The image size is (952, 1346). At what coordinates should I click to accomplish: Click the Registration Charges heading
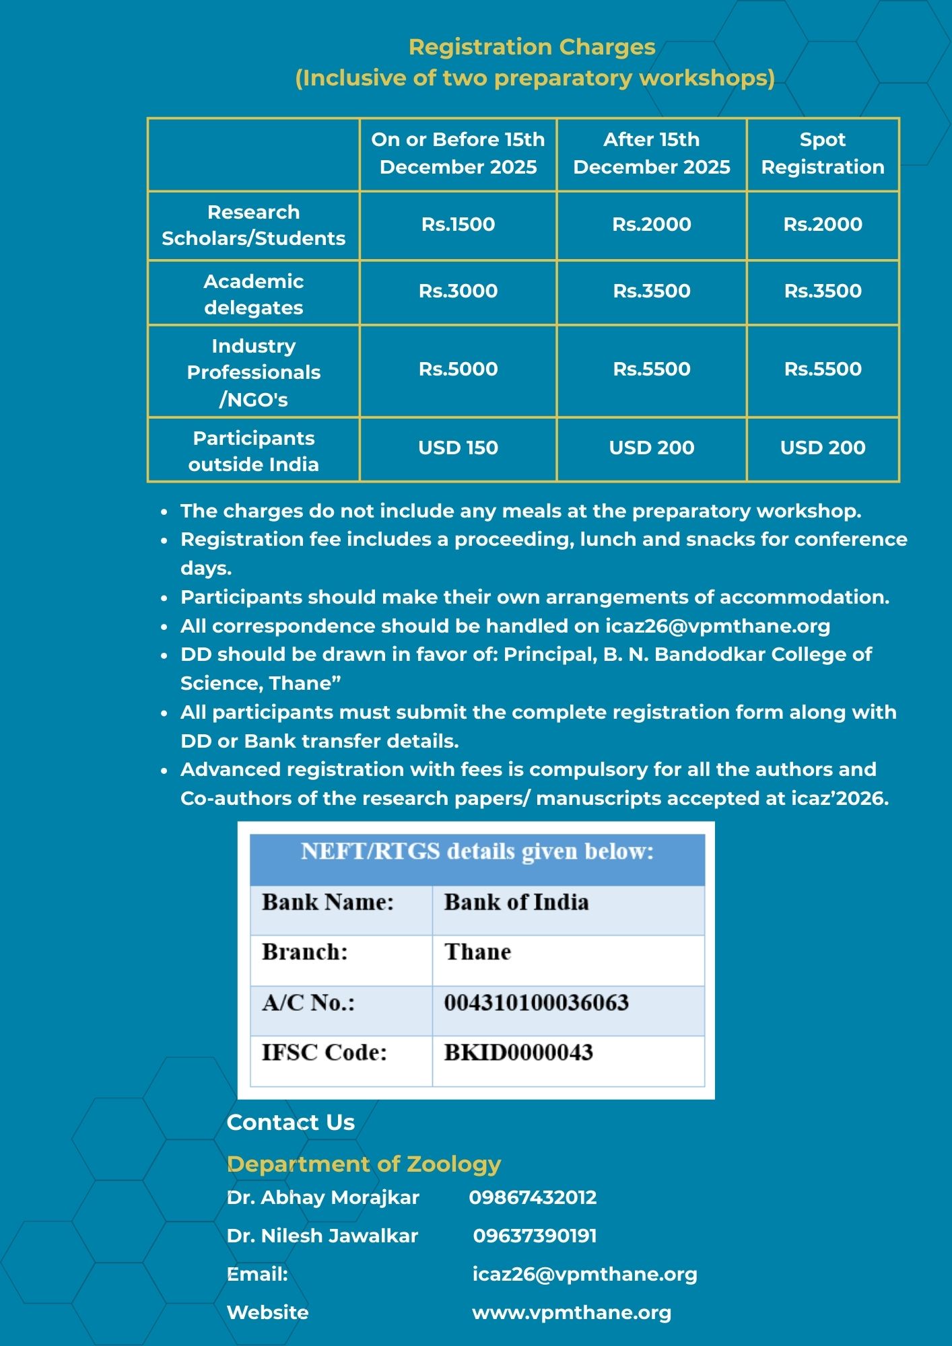click(532, 47)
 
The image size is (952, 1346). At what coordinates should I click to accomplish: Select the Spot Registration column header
click(822, 153)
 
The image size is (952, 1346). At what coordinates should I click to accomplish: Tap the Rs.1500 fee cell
click(458, 224)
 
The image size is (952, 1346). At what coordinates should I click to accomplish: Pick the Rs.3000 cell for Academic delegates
click(458, 291)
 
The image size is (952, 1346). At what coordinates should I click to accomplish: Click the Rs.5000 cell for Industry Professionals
click(458, 369)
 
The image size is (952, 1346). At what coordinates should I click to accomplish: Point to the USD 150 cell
click(458, 448)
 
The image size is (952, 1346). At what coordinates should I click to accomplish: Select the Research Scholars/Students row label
click(253, 225)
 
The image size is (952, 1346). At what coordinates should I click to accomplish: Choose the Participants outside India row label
click(253, 451)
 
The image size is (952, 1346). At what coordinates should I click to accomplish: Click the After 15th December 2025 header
click(651, 153)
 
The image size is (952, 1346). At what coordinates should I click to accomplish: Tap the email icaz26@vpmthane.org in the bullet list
click(717, 626)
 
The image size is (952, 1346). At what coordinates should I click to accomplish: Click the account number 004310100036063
click(536, 1003)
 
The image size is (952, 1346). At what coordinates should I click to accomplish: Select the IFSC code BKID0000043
click(518, 1053)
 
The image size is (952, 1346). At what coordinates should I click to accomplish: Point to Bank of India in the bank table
click(516, 902)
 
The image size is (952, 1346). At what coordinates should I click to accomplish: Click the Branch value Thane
click(477, 952)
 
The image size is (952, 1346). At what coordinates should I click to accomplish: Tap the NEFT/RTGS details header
click(477, 852)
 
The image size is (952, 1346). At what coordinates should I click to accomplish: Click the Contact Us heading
click(290, 1122)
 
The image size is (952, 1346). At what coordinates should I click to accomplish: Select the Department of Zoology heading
click(364, 1164)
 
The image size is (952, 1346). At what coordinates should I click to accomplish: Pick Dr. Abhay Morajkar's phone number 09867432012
click(533, 1197)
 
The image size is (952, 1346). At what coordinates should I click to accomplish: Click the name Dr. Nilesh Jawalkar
click(322, 1236)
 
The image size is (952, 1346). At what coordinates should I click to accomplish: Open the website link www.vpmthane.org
click(572, 1312)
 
